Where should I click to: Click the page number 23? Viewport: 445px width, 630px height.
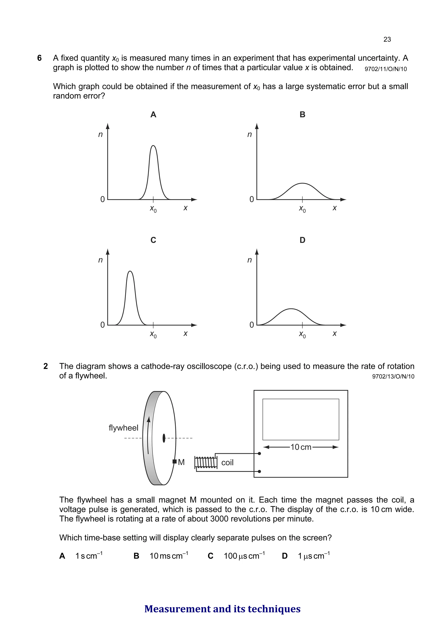[x=387, y=40]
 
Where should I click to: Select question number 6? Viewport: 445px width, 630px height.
[x=40, y=58]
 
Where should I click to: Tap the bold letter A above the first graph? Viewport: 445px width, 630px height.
[x=153, y=114]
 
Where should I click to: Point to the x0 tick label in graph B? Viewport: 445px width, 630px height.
[x=302, y=209]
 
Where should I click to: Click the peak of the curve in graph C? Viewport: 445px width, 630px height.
[x=130, y=271]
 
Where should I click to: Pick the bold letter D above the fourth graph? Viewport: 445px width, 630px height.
[x=302, y=240]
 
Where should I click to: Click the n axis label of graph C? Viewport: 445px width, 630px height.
[x=100, y=260]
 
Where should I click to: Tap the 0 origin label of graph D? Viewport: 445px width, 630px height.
[x=251, y=325]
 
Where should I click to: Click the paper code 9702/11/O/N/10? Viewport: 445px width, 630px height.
[x=385, y=69]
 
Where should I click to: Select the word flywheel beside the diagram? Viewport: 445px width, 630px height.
[x=123, y=428]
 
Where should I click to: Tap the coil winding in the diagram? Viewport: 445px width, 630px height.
[x=205, y=462]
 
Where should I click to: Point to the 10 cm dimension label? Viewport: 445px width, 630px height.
[x=301, y=447]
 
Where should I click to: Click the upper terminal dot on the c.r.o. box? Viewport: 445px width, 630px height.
[x=259, y=454]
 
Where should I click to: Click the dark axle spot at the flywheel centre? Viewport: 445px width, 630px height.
[x=164, y=438]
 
